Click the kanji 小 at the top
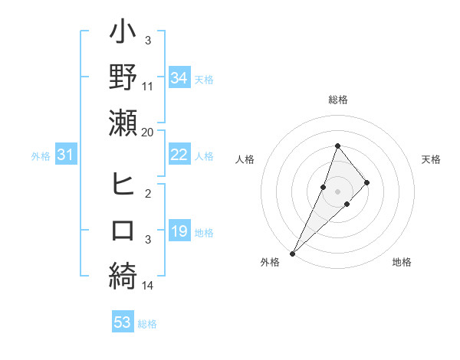123,34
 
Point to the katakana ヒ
123,185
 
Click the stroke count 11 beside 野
148,87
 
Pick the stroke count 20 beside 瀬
148,132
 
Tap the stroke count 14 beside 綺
148,286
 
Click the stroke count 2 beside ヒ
148,193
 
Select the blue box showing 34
179,78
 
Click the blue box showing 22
179,155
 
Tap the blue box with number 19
179,232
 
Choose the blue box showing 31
66,155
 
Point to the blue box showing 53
122,322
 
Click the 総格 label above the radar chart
337,100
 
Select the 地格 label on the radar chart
402,263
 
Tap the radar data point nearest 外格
292,253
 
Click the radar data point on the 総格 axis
337,146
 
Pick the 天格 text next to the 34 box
204,79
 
